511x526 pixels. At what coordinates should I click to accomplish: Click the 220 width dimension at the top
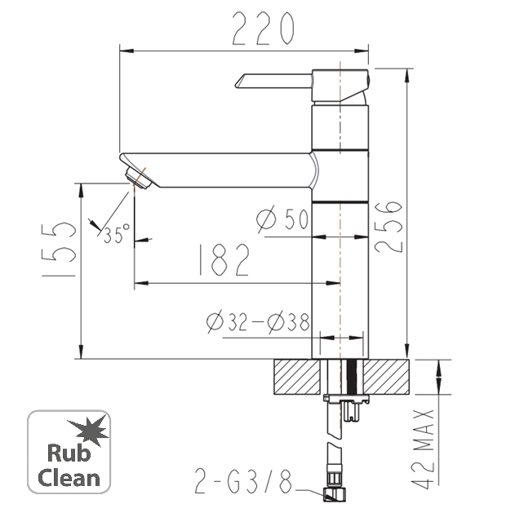click(x=264, y=29)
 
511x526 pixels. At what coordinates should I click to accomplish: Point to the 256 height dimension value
click(x=388, y=227)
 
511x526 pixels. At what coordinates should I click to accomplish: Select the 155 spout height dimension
click(x=59, y=249)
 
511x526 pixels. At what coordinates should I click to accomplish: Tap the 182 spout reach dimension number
click(x=224, y=259)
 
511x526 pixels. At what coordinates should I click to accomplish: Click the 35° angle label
click(x=116, y=232)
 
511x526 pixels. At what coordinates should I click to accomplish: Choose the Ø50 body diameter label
click(x=282, y=219)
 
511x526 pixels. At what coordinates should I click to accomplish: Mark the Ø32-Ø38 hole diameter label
click(x=258, y=322)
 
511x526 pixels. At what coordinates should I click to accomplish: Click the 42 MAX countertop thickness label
click(x=423, y=449)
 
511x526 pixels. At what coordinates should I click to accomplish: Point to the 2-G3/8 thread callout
click(x=243, y=481)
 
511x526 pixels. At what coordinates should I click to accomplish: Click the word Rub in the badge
click(x=69, y=453)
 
